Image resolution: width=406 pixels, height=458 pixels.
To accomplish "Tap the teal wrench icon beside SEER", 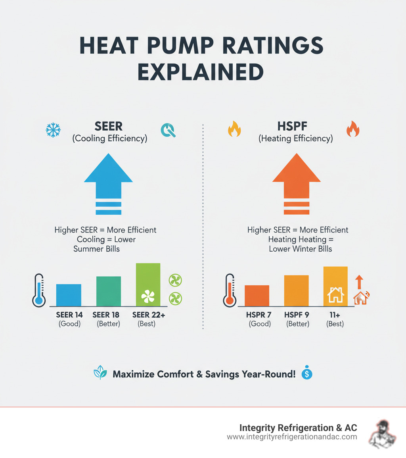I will click(x=169, y=130).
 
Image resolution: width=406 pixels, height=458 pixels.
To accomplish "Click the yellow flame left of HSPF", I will click(x=234, y=129).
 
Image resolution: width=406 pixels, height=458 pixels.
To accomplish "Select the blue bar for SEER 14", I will click(x=69, y=295).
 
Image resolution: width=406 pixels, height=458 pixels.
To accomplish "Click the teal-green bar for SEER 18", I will click(x=108, y=291).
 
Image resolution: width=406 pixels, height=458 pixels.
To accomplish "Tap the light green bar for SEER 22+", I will click(x=148, y=285).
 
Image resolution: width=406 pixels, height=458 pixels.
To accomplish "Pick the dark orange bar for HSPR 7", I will click(x=257, y=296).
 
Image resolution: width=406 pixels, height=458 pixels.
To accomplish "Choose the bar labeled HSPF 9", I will click(x=296, y=291).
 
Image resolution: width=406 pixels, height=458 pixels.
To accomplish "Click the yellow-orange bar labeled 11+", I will click(x=335, y=286).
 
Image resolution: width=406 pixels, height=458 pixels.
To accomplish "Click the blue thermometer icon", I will click(x=39, y=290).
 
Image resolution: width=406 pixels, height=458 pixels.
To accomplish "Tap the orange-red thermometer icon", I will click(x=228, y=290).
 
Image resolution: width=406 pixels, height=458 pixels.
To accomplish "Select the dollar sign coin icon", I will click(x=307, y=374).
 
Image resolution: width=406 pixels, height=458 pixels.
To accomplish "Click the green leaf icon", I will click(x=99, y=374).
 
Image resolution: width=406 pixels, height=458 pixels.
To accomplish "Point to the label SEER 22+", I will click(x=147, y=315).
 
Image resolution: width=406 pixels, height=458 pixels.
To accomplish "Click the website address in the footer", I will click(x=292, y=437).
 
